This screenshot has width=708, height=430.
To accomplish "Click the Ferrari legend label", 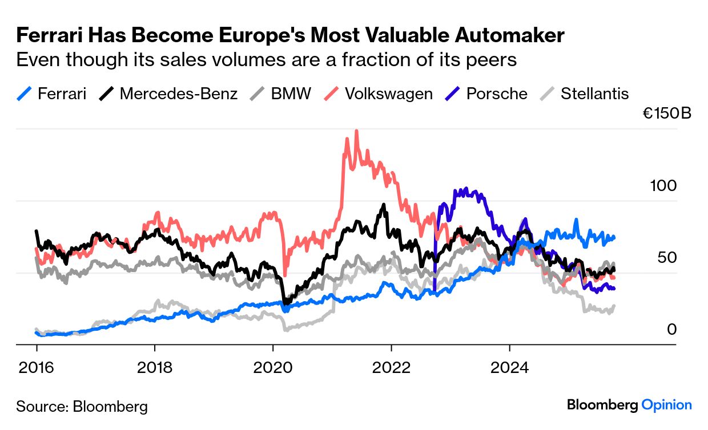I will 62,94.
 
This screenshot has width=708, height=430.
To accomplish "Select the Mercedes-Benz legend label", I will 178,94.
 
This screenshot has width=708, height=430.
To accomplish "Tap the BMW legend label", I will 291,94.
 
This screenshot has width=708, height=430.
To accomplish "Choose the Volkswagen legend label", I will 388,94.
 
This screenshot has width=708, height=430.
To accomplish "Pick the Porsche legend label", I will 497,94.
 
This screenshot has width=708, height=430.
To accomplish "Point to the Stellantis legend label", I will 594,94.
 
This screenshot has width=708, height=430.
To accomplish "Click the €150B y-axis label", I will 667,113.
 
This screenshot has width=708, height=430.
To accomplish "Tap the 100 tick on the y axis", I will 663,186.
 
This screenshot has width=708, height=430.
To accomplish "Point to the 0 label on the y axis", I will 672,330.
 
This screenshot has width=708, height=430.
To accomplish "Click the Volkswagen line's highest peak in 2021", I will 356,131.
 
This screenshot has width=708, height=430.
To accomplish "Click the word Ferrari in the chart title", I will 47,36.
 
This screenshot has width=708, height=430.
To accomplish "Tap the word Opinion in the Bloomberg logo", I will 666,405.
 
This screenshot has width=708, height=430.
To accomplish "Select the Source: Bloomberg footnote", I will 82,407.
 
